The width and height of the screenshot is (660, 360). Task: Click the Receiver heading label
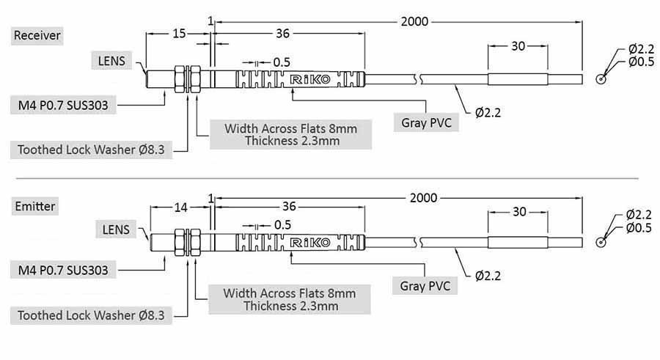(37, 35)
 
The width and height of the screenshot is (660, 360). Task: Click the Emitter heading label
(35, 207)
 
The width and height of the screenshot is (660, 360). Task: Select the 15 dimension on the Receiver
(179, 33)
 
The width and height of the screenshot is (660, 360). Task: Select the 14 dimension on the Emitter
(180, 207)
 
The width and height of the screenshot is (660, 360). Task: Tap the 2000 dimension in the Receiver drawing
(414, 21)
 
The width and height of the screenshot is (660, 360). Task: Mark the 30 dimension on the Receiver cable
(518, 45)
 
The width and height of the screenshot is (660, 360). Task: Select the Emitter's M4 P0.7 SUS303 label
(63, 271)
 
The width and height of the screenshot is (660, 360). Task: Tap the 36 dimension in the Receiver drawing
(282, 33)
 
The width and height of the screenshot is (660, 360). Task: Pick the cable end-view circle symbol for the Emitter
(602, 242)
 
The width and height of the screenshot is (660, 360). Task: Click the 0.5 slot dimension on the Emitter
(282, 224)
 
